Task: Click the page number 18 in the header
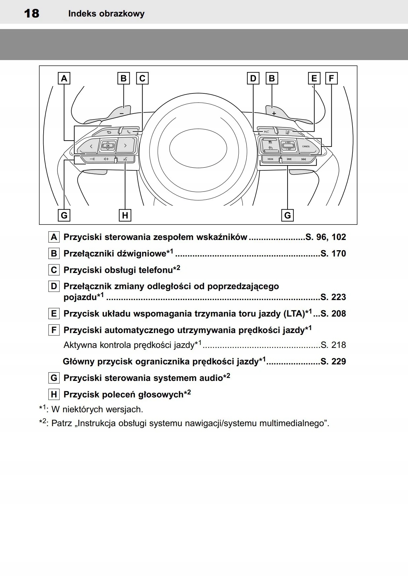pyautogui.click(x=32, y=14)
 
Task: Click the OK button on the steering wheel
pyautogui.click(x=108, y=146)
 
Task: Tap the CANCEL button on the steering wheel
pyautogui.click(x=306, y=146)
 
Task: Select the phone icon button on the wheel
pyautogui.click(x=129, y=132)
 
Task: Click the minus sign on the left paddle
pyautogui.click(x=122, y=113)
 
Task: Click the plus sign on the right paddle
pyautogui.click(x=274, y=114)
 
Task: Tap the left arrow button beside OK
pyautogui.click(x=91, y=146)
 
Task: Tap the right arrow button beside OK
pyautogui.click(x=125, y=146)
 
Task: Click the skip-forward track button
pyautogui.click(x=304, y=159)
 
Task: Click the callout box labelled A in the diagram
pyautogui.click(x=64, y=79)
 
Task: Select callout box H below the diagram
pyautogui.click(x=125, y=216)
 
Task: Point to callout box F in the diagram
pyautogui.click(x=331, y=79)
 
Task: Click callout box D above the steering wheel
pyautogui.click(x=253, y=79)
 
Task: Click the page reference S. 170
pyautogui.click(x=333, y=254)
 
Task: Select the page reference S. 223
pyautogui.click(x=333, y=297)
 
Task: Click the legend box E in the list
pyautogui.click(x=54, y=314)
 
